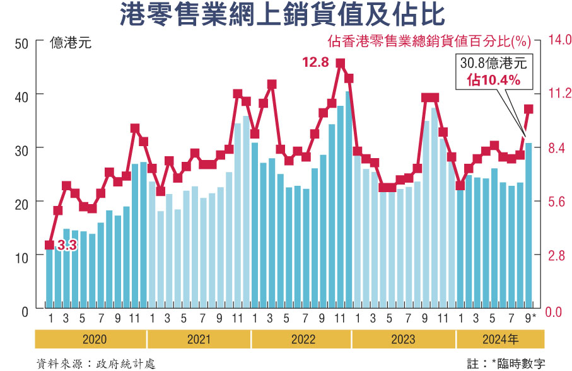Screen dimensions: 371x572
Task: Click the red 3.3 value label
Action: pos(67,246)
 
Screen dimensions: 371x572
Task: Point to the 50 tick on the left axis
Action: pos(22,43)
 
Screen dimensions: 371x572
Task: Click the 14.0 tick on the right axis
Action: pos(557,40)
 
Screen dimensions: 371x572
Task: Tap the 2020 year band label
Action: pos(95,340)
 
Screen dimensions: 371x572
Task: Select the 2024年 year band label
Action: pos(500,340)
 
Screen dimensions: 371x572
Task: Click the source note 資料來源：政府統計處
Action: pos(96,363)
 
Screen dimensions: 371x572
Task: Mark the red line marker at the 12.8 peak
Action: pos(340,64)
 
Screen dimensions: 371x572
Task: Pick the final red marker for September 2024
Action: pos(528,109)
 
